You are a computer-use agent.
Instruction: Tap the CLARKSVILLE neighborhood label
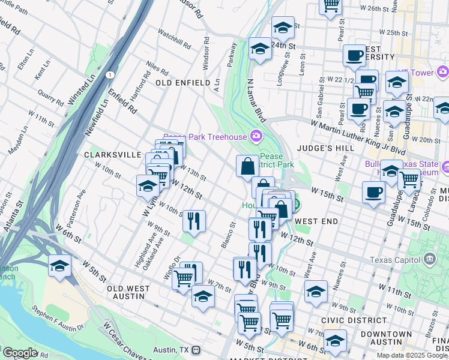[112, 154]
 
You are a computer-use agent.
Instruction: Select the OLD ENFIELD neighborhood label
[183, 82]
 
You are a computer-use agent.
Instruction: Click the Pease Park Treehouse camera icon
[256, 136]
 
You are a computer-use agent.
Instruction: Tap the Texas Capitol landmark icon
[429, 259]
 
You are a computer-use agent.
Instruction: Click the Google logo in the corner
[19, 353]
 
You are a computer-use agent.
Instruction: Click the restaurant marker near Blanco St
[194, 220]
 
